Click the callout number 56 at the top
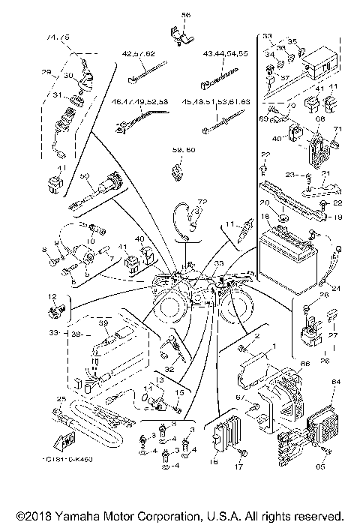[x=186, y=15]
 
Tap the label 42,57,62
[x=139, y=55]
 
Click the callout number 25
[x=61, y=398]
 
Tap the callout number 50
[x=85, y=175]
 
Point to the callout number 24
[x=335, y=287]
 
